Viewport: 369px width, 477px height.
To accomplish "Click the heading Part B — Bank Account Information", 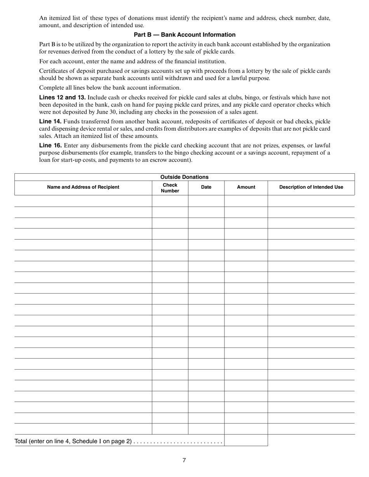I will [184, 35].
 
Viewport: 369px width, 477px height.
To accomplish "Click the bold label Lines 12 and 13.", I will [63, 97].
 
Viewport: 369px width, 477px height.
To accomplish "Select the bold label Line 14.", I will [50, 121].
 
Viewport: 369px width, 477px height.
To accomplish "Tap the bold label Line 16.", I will [50, 145].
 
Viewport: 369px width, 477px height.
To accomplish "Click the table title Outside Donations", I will [184, 177].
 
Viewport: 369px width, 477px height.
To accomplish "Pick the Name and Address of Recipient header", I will [83, 187].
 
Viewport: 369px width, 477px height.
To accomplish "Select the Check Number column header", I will [170, 188].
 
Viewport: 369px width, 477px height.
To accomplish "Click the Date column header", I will [206, 187].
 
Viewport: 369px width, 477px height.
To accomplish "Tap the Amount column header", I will [246, 187].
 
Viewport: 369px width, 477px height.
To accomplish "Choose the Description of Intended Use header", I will [311, 187].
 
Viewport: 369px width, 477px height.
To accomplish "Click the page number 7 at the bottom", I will [184, 460].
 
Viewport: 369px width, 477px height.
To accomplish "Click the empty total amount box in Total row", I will [246, 441].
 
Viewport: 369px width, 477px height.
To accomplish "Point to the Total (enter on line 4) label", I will [73, 441].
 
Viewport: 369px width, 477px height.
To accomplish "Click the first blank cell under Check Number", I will [170, 201].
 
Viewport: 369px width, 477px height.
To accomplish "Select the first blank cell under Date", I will [206, 201].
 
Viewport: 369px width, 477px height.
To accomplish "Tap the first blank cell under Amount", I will [246, 201].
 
